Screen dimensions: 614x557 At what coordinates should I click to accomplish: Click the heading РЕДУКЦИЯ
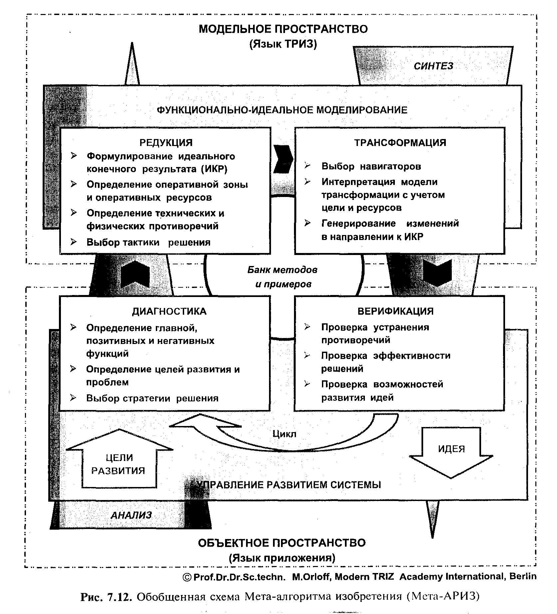point(165,143)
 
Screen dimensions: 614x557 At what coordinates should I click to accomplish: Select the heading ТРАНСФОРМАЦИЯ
point(400,143)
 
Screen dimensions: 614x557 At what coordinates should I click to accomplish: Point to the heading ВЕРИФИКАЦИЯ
point(396,311)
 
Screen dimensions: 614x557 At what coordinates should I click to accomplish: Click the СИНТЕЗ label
point(433,66)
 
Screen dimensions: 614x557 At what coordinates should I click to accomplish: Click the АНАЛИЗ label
point(131,515)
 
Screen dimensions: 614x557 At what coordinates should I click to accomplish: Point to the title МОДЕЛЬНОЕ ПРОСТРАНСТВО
point(283,29)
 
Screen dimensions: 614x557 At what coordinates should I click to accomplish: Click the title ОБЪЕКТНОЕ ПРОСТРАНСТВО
point(282,543)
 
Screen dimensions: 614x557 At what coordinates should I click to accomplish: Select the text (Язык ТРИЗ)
point(283,44)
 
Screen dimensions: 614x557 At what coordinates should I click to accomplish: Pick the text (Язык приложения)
point(282,558)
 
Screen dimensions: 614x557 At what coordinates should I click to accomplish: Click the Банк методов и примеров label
point(283,277)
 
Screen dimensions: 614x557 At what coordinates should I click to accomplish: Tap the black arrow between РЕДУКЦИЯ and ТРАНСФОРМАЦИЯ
point(283,159)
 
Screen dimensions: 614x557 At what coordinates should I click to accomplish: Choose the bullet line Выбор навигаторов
point(371,166)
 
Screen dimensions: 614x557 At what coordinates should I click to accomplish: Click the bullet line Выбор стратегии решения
point(152,398)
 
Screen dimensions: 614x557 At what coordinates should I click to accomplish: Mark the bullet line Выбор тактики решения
point(148,242)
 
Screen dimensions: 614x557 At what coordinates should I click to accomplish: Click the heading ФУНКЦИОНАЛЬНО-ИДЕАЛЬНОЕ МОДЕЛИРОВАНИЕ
point(282,110)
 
